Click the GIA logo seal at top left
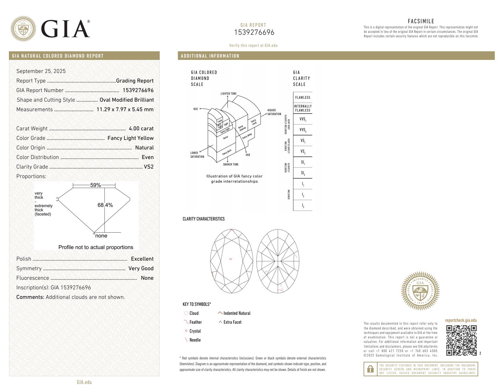coord(23,29)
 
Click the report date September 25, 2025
coord(41,71)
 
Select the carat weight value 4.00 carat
coord(141,129)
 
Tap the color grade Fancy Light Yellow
coord(130,138)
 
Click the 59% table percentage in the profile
coord(95,185)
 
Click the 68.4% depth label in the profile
coord(105,205)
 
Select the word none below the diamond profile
coord(101,236)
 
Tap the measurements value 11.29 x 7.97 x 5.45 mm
coord(125,110)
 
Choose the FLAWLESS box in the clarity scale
coord(303,97)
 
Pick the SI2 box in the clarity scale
coord(303,173)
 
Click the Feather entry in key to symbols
coord(195,322)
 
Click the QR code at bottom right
coord(461,340)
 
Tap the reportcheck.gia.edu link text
coord(461,321)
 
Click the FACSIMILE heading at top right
coord(421,21)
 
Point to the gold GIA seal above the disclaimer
coord(420,291)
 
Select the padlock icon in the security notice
coord(370,369)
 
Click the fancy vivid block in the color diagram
coord(254,122)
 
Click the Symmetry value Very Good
coord(141,269)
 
